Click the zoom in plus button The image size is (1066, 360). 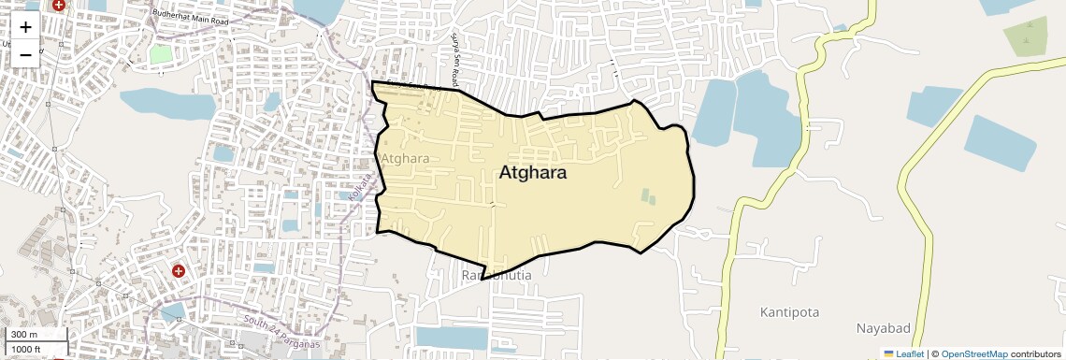point(25,27)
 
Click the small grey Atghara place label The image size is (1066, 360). point(406,158)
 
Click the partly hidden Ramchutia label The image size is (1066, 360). point(497,276)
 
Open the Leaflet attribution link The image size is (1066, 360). point(910,354)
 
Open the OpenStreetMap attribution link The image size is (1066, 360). point(974,354)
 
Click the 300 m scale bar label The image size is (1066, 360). point(24,335)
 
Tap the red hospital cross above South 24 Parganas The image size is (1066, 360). point(178,271)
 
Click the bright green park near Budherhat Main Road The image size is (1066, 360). point(161,53)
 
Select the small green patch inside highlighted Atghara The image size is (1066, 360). point(648,197)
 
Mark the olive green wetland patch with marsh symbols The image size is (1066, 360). point(1026,36)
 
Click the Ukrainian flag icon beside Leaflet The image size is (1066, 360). point(889,354)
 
